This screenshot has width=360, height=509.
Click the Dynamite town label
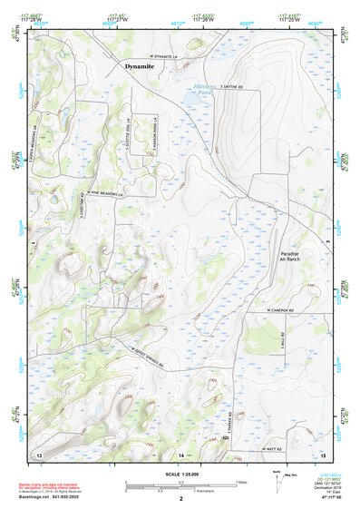point(139,66)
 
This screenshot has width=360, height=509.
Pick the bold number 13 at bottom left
point(38,452)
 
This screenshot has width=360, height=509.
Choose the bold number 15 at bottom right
point(322,452)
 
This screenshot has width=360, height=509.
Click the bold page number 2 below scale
point(180,500)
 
